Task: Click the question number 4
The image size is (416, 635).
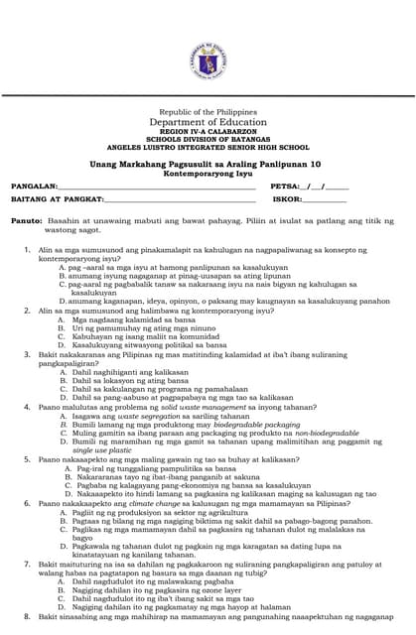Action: click(x=29, y=407)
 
